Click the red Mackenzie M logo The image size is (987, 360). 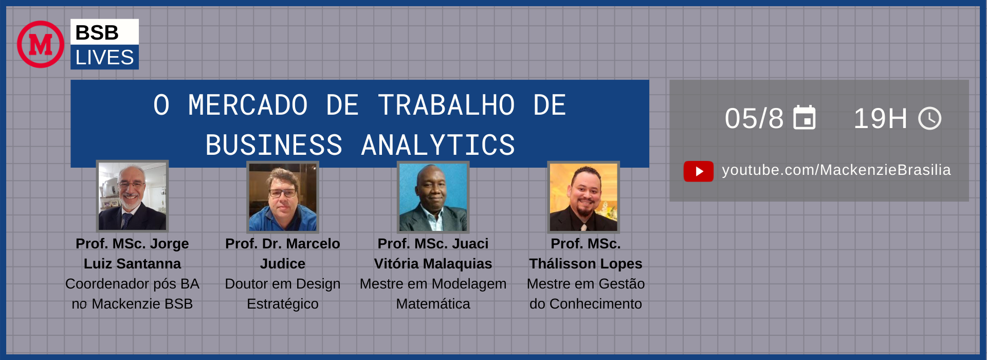41,44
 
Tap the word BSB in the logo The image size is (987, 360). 97,33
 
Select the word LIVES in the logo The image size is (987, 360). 104,58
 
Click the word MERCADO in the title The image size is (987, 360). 248,105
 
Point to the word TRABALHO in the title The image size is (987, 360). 446,105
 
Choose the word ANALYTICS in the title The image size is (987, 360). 438,145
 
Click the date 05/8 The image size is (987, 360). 754,119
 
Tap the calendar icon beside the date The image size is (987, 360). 805,118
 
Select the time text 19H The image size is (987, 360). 881,119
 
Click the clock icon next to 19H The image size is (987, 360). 930,119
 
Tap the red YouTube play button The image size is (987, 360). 699,171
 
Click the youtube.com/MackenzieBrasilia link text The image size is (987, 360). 836,170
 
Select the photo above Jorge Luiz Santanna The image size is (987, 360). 133,196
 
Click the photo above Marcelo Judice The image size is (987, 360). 283,196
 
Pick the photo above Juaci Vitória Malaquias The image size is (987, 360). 433,196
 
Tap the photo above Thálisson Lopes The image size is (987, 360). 583,197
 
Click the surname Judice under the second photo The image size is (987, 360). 283,264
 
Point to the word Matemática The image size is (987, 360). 433,304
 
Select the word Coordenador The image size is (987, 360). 101,284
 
